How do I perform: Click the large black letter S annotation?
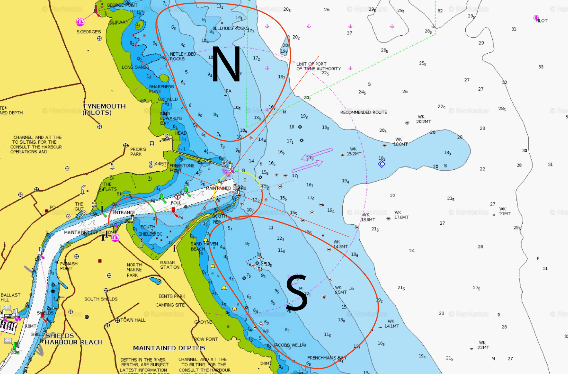point(297,293)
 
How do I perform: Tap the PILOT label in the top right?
point(541,21)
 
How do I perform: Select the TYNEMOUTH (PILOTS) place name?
point(104,109)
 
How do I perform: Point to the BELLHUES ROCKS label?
point(230,28)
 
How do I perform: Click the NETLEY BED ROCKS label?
point(183,56)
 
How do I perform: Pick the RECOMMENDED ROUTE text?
point(363,112)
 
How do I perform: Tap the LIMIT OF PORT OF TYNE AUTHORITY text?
point(318,66)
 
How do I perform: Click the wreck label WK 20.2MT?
point(423,119)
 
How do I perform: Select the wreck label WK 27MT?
point(505,211)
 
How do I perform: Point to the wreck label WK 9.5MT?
point(341,290)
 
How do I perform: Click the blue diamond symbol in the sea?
point(382,164)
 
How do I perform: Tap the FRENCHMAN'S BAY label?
point(327,358)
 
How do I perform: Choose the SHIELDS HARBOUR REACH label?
point(73,339)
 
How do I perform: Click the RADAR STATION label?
point(170,265)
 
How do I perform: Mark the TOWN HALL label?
point(133,320)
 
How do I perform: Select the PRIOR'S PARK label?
point(138,152)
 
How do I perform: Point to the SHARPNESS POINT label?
point(161,89)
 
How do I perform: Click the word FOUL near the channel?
point(176,203)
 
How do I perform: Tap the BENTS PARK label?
point(172,296)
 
